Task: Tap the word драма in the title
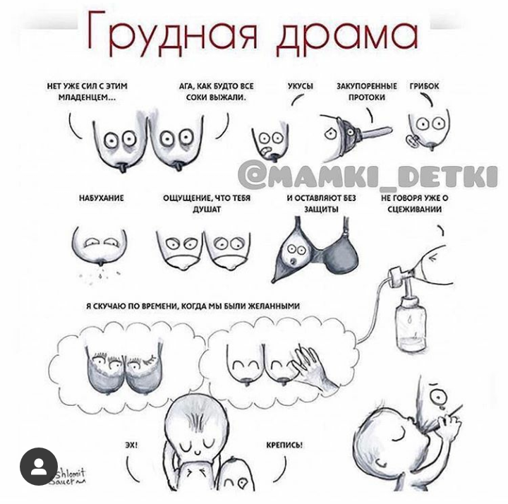click(x=347, y=36)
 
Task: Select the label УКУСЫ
click(x=301, y=86)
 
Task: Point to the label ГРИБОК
click(x=424, y=86)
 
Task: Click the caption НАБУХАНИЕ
click(x=102, y=198)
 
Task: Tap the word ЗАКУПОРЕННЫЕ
click(x=367, y=86)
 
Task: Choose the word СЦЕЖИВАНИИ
click(x=415, y=210)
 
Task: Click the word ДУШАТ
click(x=207, y=210)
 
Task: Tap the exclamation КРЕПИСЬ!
click(x=284, y=445)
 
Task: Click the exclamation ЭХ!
click(x=131, y=445)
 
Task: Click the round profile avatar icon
click(x=39, y=467)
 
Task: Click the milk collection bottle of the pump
click(x=411, y=325)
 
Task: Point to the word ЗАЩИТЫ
click(x=322, y=210)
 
